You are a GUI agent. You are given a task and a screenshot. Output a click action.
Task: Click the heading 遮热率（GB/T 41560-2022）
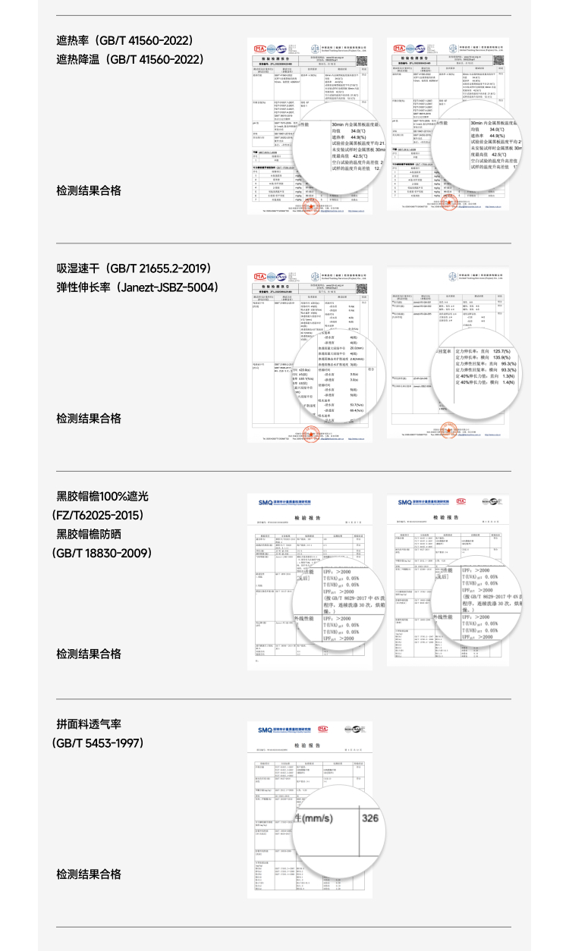125,40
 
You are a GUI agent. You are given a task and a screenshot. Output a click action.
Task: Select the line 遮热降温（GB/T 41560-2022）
130,59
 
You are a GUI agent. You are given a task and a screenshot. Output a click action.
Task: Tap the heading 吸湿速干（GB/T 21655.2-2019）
134,268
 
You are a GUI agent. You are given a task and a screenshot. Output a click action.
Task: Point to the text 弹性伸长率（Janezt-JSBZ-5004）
137,288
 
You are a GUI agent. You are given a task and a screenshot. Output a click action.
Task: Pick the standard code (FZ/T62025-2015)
98,516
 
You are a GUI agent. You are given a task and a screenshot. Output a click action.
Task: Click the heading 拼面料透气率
89,724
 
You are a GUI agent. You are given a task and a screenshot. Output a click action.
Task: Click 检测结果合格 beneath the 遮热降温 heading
89,190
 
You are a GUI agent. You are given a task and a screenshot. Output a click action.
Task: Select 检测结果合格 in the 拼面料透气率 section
89,874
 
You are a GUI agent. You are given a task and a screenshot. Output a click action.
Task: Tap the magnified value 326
369,818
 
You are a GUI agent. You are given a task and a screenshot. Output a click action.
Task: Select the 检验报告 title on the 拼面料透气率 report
311,746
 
